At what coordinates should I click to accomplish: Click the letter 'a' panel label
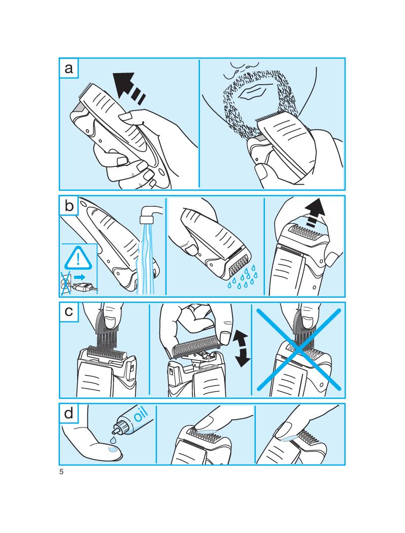[x=69, y=68]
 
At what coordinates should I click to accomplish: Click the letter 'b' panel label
[x=69, y=206]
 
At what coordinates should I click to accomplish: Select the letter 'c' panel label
[x=69, y=312]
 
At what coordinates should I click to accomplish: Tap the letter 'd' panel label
[x=69, y=413]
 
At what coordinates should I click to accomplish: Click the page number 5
[x=61, y=472]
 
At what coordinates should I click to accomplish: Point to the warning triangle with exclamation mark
[x=79, y=257]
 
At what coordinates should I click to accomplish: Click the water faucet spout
[x=150, y=213]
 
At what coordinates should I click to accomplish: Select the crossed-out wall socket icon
[x=66, y=282]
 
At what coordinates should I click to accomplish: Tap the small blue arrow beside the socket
[x=79, y=277]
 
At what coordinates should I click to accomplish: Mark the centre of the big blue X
[x=298, y=349]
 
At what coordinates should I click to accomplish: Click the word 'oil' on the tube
[x=140, y=413]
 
